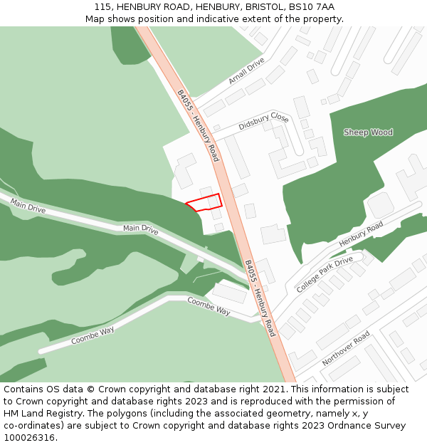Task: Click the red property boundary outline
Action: coord(205,201)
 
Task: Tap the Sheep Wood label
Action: coord(368,132)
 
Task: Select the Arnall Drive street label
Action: coord(246,71)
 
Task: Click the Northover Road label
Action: coord(345,348)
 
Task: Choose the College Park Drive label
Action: coord(325,274)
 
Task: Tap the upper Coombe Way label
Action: coord(209,306)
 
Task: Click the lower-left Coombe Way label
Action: coord(93,335)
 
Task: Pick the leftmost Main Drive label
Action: coord(28,206)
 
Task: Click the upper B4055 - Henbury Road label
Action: coord(198,125)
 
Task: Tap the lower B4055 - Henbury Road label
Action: coord(260,298)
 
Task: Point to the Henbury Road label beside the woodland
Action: coord(361,234)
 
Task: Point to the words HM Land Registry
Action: coord(36,414)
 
